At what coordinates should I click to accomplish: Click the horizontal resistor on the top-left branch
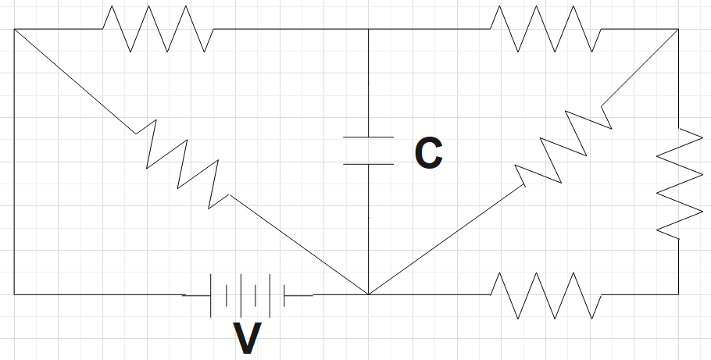point(157,29)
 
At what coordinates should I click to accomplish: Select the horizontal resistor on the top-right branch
point(545,29)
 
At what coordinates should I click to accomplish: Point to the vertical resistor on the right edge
point(678,180)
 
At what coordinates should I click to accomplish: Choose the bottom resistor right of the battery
point(545,294)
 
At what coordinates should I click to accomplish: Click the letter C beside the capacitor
point(428,154)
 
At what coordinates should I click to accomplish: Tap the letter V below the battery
point(248,337)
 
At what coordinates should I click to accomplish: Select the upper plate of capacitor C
point(368,137)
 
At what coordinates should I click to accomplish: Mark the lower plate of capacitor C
point(368,164)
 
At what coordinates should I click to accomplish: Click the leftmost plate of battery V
point(212,295)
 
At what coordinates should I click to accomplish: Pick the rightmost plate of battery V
point(284,295)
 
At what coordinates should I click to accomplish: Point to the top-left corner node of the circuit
point(14,29)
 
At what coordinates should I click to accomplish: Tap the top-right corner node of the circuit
point(678,29)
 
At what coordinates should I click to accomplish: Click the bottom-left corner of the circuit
point(14,294)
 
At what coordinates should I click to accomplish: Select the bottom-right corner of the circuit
point(678,294)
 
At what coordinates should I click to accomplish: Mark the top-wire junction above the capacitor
point(368,29)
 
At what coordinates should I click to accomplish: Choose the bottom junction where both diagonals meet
point(368,294)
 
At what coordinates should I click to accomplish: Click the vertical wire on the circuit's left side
point(14,164)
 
